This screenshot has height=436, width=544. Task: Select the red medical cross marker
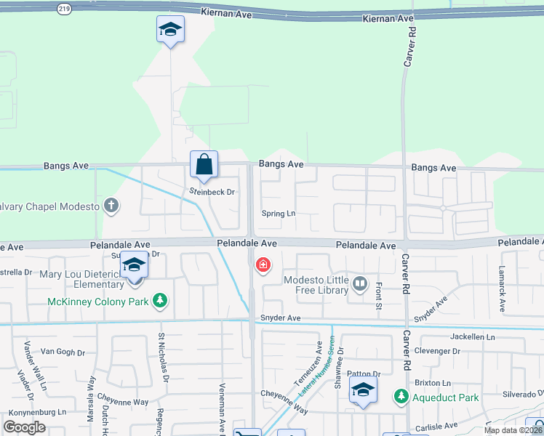pyautogui.click(x=263, y=265)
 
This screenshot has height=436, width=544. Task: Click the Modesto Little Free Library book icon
pyautogui.click(x=360, y=282)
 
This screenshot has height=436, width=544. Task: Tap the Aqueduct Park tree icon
pyautogui.click(x=400, y=397)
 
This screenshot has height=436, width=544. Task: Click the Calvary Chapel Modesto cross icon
pyautogui.click(x=111, y=206)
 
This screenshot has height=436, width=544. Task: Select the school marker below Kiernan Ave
pyautogui.click(x=170, y=30)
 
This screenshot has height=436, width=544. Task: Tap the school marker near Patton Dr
pyautogui.click(x=363, y=390)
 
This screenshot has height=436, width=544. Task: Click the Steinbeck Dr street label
pyautogui.click(x=213, y=193)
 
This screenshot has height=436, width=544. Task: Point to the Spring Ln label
pyautogui.click(x=280, y=214)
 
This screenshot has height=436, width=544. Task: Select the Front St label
pyautogui.click(x=379, y=296)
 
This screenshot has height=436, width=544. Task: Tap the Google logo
pyautogui.click(x=25, y=427)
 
